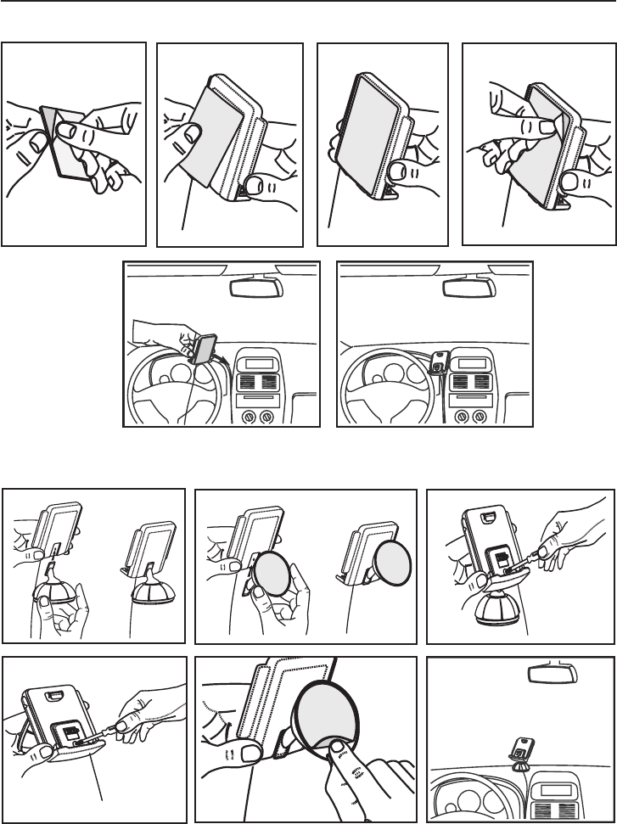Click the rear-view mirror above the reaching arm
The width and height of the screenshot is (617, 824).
pos(255,287)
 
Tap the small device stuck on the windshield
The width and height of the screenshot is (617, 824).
pos(519,747)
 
